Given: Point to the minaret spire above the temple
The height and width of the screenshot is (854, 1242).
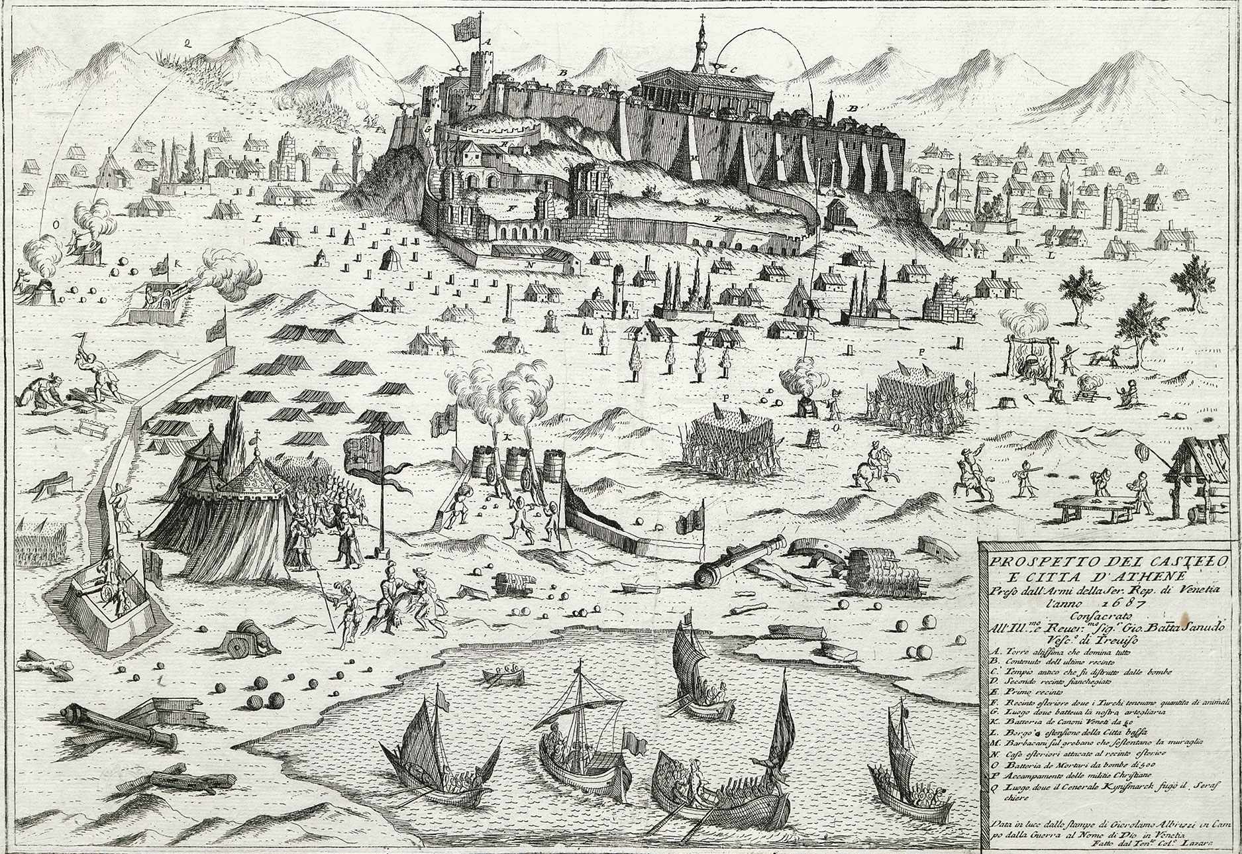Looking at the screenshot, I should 700,40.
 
